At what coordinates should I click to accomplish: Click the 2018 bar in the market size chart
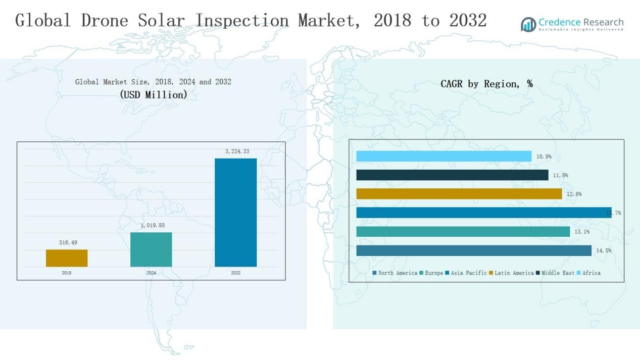pyautogui.click(x=67, y=258)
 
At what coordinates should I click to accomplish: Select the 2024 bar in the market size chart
pyautogui.click(x=151, y=249)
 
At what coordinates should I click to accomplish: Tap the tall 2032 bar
pyautogui.click(x=235, y=212)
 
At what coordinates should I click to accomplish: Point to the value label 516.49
pyautogui.click(x=68, y=243)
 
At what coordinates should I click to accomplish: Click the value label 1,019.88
pyautogui.click(x=152, y=225)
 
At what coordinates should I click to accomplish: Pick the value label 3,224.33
pyautogui.click(x=237, y=151)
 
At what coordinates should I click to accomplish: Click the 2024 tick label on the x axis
pyautogui.click(x=151, y=273)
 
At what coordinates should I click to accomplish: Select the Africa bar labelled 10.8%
pyautogui.click(x=444, y=157)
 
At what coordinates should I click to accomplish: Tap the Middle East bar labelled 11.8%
pyautogui.click(x=452, y=175)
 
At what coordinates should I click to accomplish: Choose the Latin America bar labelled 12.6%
pyautogui.click(x=459, y=194)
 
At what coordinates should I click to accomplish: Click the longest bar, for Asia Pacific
pyautogui.click(x=483, y=213)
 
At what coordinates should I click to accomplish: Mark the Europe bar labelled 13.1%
pyautogui.click(x=463, y=231)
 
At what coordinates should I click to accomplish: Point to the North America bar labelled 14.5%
pyautogui.click(x=473, y=250)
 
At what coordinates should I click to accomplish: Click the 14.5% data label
pyautogui.click(x=603, y=251)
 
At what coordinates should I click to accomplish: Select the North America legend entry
pyautogui.click(x=395, y=273)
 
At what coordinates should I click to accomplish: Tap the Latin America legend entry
pyautogui.click(x=511, y=273)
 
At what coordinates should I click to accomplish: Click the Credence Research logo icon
pyautogui.click(x=528, y=24)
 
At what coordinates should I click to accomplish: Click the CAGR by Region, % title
pyautogui.click(x=486, y=84)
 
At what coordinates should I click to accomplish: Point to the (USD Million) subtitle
pyautogui.click(x=153, y=94)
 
